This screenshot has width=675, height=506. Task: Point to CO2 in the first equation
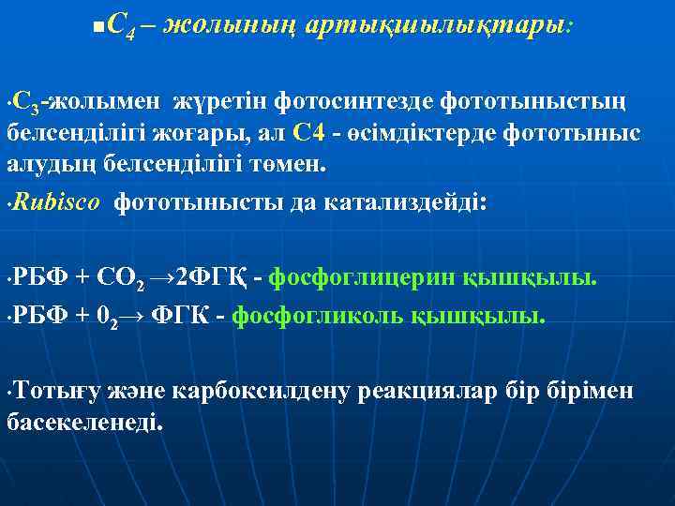(148, 278)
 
